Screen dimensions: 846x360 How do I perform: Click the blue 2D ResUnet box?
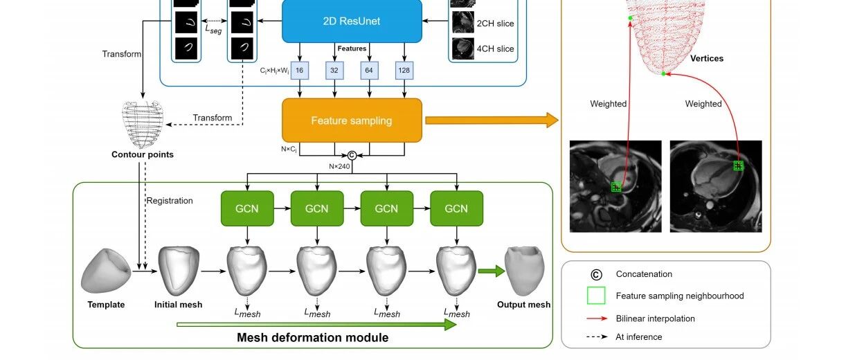point(352,21)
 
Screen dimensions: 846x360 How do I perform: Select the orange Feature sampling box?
point(352,120)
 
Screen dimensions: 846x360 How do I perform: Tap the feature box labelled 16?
point(300,70)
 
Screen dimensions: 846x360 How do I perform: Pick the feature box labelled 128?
point(404,70)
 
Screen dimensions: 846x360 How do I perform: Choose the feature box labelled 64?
point(369,70)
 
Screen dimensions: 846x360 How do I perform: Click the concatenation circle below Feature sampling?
point(352,155)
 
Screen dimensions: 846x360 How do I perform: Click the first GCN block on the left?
point(247,208)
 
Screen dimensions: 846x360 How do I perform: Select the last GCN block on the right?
point(457,208)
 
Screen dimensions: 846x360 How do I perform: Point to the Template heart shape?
point(106,271)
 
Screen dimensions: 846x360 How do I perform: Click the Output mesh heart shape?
point(525,271)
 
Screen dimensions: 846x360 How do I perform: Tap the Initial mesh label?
point(178,305)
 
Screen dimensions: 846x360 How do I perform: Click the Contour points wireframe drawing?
point(143,124)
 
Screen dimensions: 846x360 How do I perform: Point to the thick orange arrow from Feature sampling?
point(492,120)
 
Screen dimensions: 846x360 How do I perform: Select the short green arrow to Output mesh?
point(492,271)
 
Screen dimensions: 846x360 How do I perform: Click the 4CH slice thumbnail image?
point(463,48)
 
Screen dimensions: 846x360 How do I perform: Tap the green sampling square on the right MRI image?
point(739,165)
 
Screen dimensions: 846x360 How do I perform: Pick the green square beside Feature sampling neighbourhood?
point(596,296)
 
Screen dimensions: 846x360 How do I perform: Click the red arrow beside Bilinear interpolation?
point(597,318)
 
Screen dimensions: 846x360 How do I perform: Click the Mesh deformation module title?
point(313,337)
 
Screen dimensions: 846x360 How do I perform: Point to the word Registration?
point(170,201)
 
